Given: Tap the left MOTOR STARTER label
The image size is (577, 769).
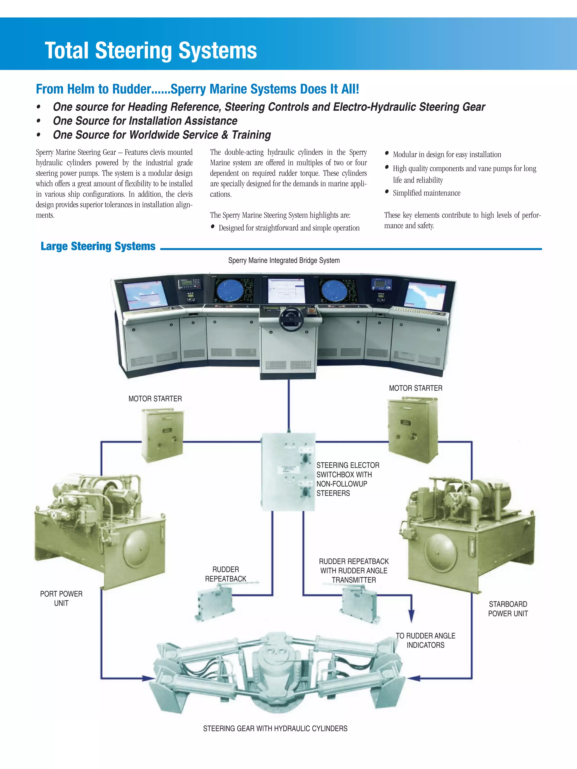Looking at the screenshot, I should coord(155,399).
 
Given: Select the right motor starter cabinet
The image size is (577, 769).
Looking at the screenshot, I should coord(413,430).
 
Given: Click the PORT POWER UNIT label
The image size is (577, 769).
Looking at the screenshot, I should coord(61,598).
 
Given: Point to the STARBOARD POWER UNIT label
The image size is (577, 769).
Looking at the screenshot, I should coord(508,609).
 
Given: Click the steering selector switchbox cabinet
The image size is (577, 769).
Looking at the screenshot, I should coord(288,472).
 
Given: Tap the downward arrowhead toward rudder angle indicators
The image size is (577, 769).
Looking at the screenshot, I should coord(411,616).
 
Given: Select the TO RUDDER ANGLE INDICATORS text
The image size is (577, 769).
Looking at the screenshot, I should coord(425,640).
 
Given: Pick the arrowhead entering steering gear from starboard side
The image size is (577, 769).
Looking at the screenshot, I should coord(414,678).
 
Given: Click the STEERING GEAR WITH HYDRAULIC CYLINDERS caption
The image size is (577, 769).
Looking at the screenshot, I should coord(275,728).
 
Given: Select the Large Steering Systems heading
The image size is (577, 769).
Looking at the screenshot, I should coord(98,246).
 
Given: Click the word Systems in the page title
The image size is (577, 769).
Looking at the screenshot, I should coord(218,50).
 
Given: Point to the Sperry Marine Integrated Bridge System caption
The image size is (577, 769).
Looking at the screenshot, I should coord(284,260).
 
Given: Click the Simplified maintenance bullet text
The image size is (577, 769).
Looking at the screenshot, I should coord(426,193).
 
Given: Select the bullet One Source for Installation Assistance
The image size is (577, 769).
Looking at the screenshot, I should coord(145,121).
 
